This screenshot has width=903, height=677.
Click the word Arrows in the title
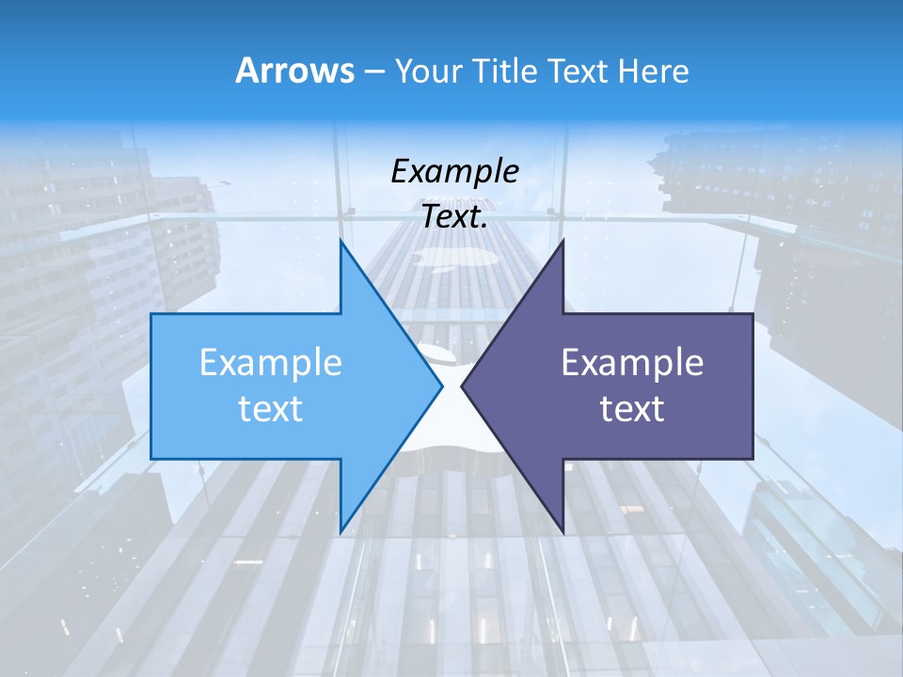tap(294, 71)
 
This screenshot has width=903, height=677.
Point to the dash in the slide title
tap(373, 72)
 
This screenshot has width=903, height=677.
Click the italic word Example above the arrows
tap(455, 171)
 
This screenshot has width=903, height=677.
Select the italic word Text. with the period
tap(455, 216)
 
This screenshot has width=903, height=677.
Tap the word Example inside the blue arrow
tap(271, 362)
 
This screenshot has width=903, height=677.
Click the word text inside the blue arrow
tap(271, 409)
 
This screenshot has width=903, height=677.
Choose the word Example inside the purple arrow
tap(632, 362)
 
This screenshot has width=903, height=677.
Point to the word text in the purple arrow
tap(632, 409)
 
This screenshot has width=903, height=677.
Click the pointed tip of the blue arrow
tap(441, 386)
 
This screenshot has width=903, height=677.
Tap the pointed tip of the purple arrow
tap(462, 386)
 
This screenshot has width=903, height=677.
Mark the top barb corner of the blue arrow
tap(341, 241)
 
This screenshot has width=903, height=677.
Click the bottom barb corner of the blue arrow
tap(341, 531)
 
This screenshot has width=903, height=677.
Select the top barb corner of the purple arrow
tap(562, 241)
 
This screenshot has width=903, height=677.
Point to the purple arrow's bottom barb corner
tap(562, 531)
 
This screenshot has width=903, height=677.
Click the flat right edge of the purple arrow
tap(752, 386)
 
